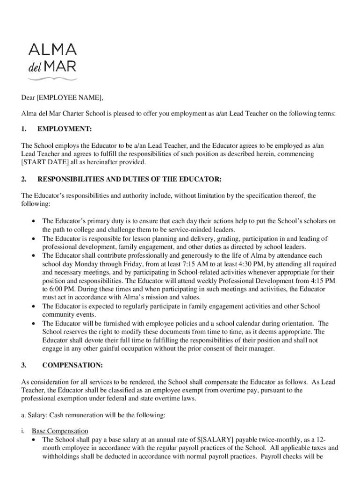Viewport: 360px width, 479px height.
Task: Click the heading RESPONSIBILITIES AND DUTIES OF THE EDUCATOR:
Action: (129, 179)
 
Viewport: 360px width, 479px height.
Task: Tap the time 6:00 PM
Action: (55, 289)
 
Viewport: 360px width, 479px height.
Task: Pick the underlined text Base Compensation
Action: (60, 431)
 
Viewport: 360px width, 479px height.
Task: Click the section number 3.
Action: (23, 365)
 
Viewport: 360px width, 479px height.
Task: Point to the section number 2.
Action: (23, 179)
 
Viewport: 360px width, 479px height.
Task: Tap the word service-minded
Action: (174, 230)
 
